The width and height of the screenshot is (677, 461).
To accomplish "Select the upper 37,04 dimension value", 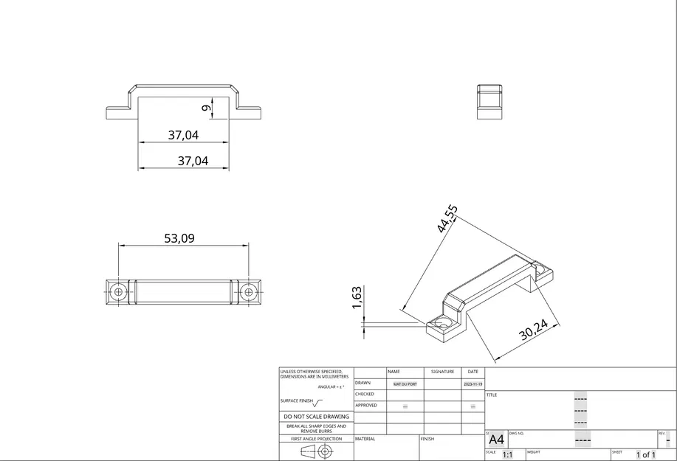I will pos(183,135).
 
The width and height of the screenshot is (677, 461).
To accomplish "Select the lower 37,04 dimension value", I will pos(193,160).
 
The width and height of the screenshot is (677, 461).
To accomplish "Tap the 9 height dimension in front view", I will pos(207,108).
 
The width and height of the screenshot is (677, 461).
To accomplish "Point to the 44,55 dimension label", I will pos(447,219).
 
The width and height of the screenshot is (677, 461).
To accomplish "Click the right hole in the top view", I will pos(247,292).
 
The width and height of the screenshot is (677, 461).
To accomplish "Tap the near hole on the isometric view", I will pos(444,324).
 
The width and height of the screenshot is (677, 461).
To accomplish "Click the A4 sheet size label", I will pos(497,440).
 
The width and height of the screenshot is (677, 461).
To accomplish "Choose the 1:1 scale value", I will pos(508,455).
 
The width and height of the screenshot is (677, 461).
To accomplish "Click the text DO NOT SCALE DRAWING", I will pos(316,417).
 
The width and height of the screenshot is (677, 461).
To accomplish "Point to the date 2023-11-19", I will pos(472,384).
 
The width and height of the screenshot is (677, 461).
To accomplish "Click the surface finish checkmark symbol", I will pos(317,402).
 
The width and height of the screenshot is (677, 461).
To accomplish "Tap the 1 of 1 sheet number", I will pos(645,455).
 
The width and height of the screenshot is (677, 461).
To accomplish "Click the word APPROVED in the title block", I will pos(366,405).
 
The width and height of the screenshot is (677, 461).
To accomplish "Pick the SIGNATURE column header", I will pos(442,372).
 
